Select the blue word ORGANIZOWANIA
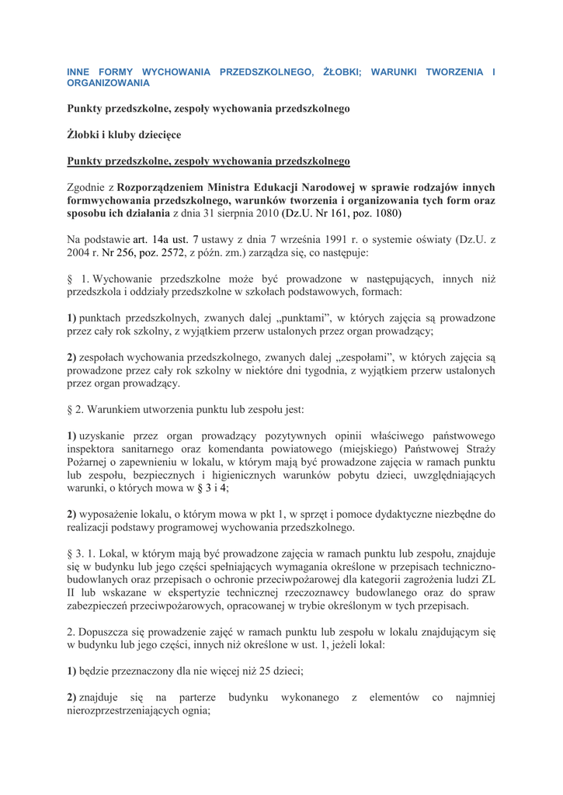coord(108,82)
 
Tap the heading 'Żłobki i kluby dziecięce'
coord(124,135)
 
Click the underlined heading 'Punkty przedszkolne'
coord(208,161)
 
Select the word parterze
coord(196,698)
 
